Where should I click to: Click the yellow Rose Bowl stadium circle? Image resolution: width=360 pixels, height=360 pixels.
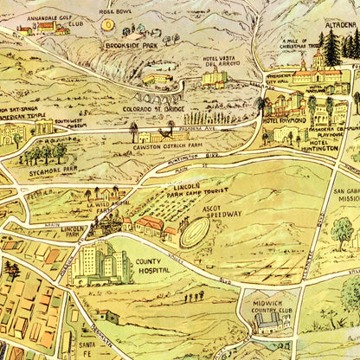(x=107, y=25)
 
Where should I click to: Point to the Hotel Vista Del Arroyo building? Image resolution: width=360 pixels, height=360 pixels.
(x=215, y=78)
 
